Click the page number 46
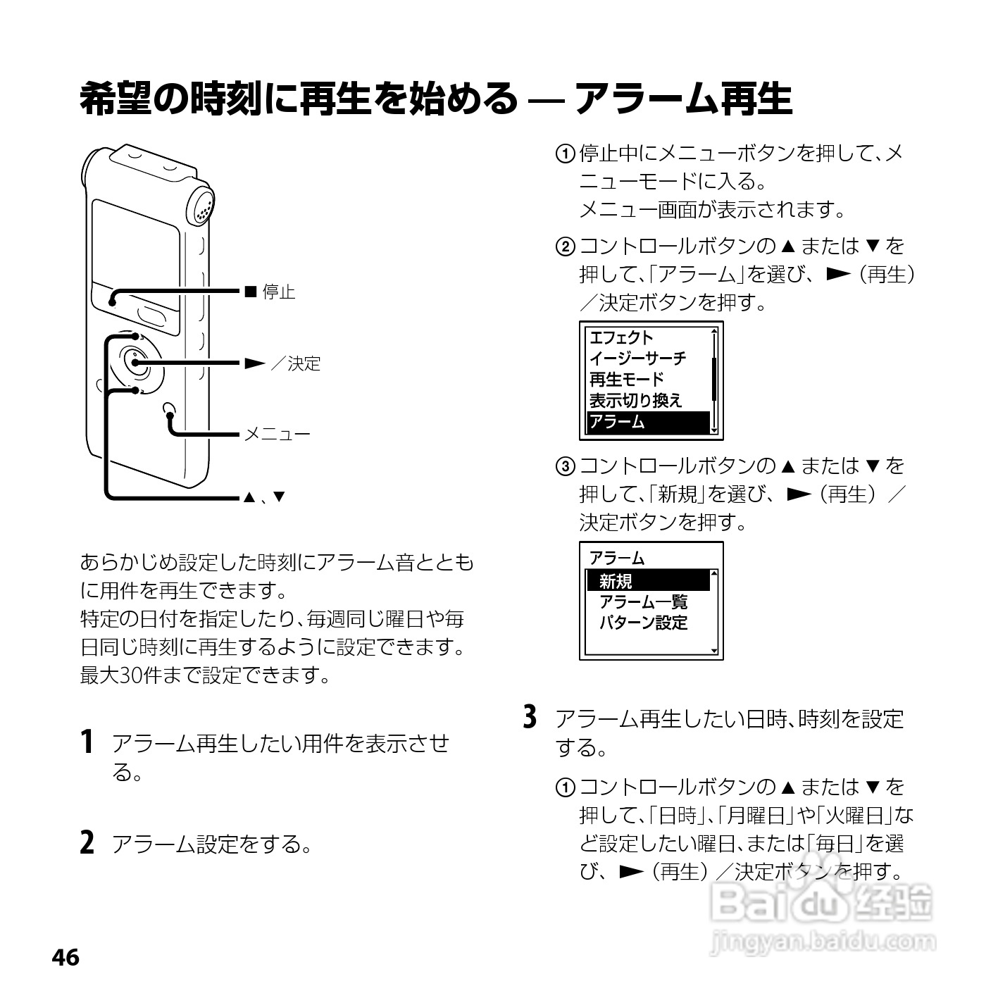[66, 957]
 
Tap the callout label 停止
[278, 292]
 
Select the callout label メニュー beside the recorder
[277, 435]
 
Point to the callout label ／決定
[296, 363]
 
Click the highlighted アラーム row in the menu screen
[648, 422]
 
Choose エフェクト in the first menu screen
[621, 337]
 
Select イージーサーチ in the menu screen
[637, 358]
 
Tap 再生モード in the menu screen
[626, 380]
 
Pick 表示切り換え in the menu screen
[635, 401]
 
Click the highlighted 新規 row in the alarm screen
[648, 581]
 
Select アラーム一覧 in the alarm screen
[643, 602]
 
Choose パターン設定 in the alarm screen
[643, 623]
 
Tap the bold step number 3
[531, 718]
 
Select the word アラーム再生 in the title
[684, 99]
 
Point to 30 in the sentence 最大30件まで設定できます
[131, 675]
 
